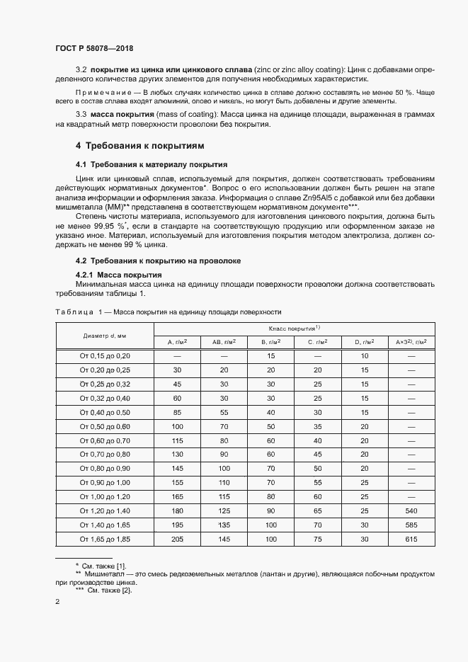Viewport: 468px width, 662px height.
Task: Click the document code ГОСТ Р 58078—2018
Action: point(94,48)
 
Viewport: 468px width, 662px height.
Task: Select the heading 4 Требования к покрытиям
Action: point(140,146)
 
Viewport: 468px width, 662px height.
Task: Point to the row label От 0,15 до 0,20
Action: point(104,355)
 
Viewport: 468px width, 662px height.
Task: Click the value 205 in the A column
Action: point(177,540)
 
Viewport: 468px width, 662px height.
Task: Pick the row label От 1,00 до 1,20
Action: point(104,496)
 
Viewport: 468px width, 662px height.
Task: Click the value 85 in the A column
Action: point(177,412)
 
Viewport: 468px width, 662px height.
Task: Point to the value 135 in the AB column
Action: point(224,525)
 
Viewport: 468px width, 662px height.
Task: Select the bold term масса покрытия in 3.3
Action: point(121,114)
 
